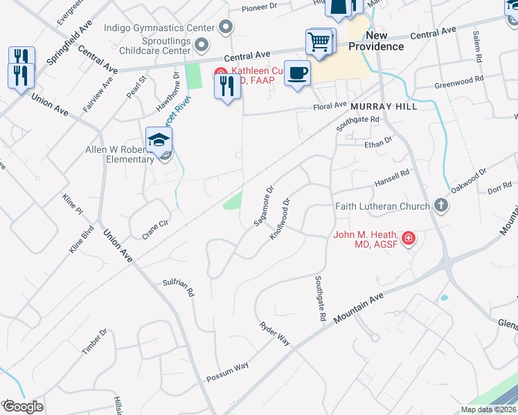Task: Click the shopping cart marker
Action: click(x=319, y=41)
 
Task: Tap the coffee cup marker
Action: click(x=297, y=73)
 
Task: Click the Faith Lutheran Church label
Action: click(x=382, y=206)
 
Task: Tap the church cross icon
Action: click(x=440, y=205)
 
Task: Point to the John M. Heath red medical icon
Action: click(x=409, y=239)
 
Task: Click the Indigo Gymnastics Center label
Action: click(x=159, y=28)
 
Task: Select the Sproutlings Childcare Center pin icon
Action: click(x=202, y=46)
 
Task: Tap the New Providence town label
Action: click(x=375, y=41)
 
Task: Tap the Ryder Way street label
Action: click(x=275, y=334)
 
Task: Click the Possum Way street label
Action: click(x=227, y=373)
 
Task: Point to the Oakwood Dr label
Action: click(x=469, y=174)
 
